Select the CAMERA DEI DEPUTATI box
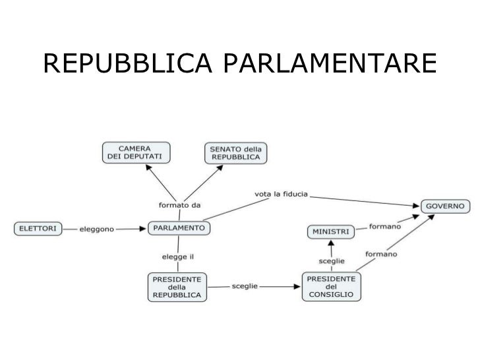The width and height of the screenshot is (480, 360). click(136, 152)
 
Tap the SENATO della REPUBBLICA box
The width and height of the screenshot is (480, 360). click(235, 152)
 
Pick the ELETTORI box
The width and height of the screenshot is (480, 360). click(38, 229)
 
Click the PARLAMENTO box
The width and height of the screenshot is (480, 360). click(179, 229)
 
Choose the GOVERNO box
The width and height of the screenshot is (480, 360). click(446, 206)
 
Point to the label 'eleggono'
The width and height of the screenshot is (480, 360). click(96, 229)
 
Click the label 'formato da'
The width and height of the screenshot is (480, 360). click(179, 204)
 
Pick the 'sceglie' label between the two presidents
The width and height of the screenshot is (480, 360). click(245, 287)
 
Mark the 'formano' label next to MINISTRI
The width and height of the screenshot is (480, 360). click(385, 227)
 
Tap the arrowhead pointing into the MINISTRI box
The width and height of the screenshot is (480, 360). click(332, 243)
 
